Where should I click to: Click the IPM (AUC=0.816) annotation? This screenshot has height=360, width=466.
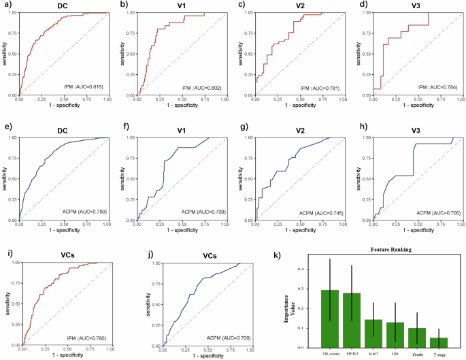(80, 86)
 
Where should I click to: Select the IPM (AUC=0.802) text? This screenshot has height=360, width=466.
(194, 86)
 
